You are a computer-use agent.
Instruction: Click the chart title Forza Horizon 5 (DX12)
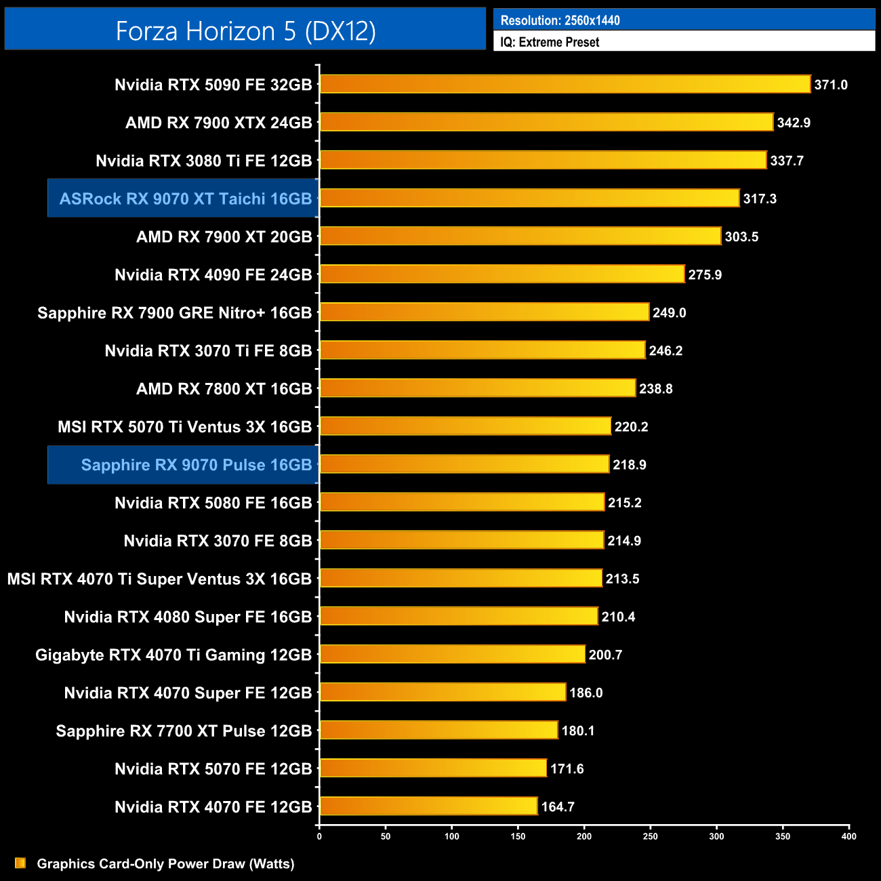tap(245, 30)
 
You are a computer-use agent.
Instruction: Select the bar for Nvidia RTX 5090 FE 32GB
tap(565, 84)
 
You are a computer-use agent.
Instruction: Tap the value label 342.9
tap(794, 123)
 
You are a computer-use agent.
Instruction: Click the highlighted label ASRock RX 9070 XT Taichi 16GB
tap(185, 199)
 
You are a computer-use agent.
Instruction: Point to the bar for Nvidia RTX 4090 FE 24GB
tap(502, 274)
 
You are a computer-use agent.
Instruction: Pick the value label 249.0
tap(669, 312)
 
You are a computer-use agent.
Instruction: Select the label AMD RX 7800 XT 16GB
tap(224, 389)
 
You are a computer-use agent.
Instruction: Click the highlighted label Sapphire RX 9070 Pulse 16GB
tap(196, 465)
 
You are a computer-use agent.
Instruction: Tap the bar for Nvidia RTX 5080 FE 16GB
tap(462, 502)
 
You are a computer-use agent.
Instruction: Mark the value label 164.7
tap(557, 806)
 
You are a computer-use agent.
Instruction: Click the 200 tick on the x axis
tap(584, 836)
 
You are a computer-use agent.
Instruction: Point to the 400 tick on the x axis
tap(848, 836)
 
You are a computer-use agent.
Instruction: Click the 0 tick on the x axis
tap(319, 836)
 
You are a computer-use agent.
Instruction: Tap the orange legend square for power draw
tap(20, 863)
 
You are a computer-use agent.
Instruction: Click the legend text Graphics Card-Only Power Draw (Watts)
tap(165, 863)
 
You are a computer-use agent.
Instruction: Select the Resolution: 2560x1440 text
tap(560, 20)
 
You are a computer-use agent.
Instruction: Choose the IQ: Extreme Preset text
tap(550, 42)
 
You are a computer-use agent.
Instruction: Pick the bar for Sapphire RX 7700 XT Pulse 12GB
tap(438, 730)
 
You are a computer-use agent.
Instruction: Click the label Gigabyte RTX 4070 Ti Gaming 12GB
tap(173, 655)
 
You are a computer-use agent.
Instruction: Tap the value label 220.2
tap(631, 427)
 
